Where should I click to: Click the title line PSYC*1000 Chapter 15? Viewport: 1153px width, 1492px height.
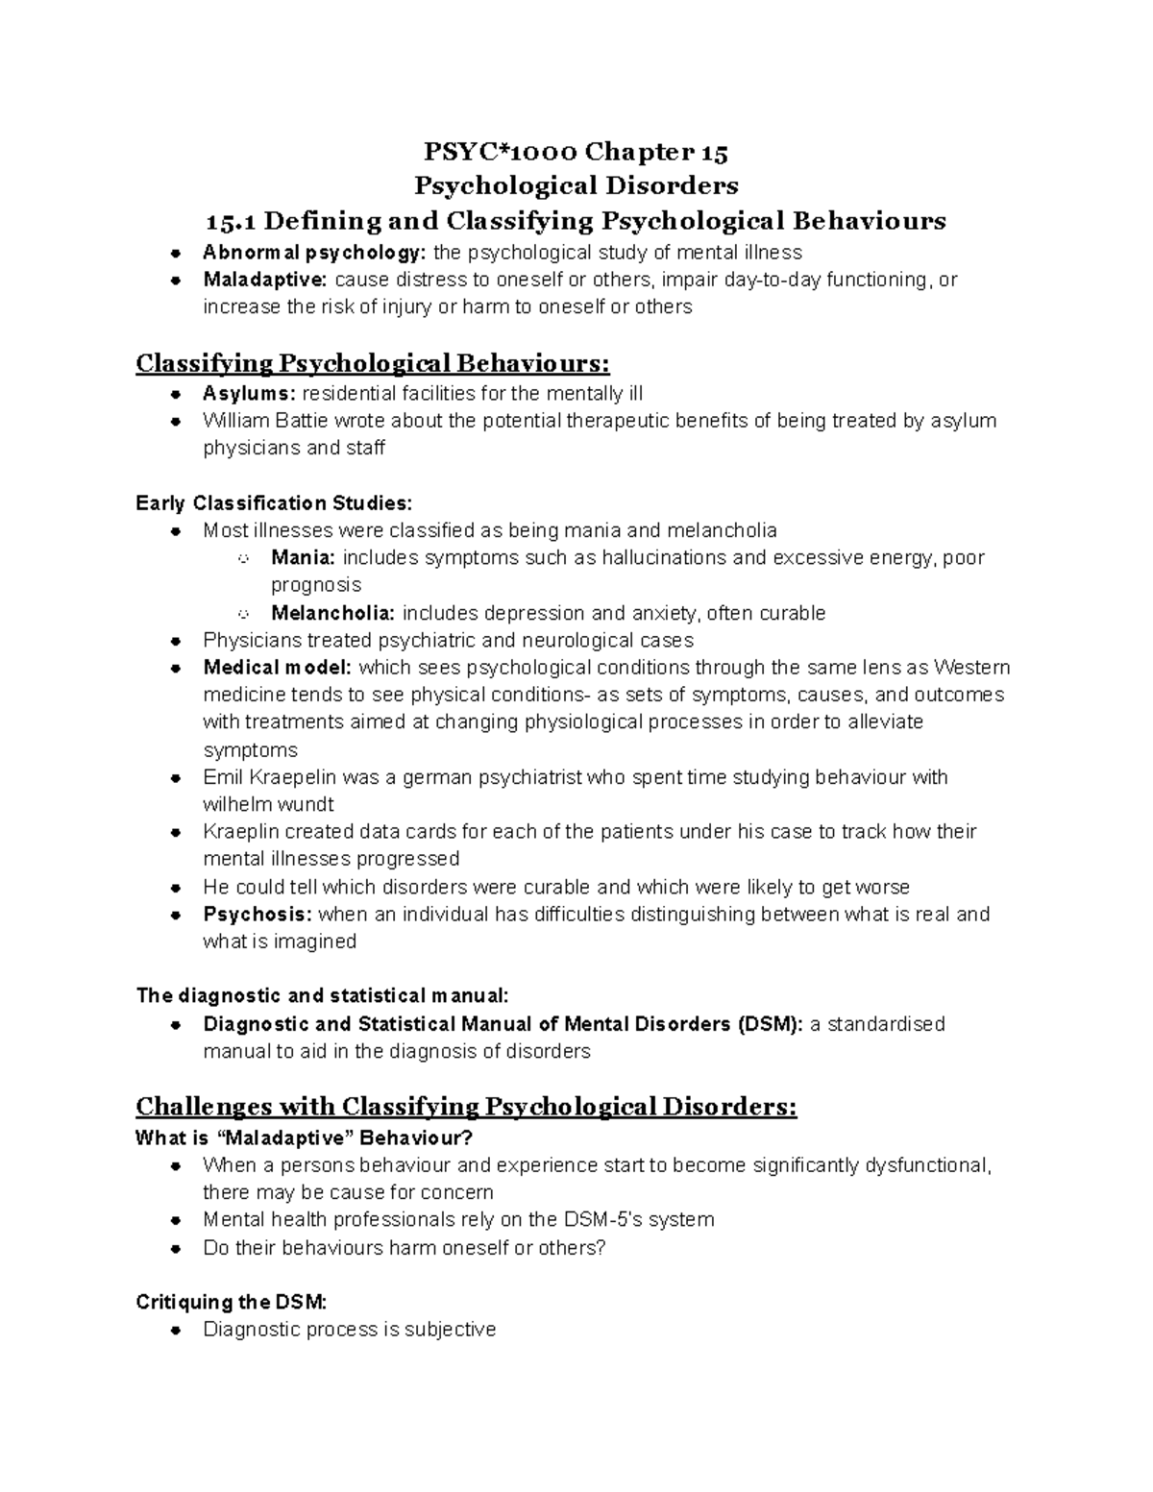click(x=576, y=152)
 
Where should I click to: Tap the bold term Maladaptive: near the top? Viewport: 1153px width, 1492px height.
click(x=264, y=281)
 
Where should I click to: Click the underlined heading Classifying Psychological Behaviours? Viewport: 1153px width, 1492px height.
click(x=373, y=364)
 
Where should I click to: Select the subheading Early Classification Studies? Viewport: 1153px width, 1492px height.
click(x=274, y=503)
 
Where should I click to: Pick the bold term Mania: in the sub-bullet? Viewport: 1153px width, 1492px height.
click(x=303, y=558)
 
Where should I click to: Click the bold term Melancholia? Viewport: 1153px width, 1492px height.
click(x=332, y=614)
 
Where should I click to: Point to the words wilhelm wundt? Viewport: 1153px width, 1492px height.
click(x=268, y=804)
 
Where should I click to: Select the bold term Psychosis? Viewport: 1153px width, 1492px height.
click(x=257, y=915)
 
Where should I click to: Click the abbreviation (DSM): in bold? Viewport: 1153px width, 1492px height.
click(x=771, y=1024)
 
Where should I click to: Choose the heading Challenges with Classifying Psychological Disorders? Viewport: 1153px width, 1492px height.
click(x=466, y=1107)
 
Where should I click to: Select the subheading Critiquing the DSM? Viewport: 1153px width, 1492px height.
click(x=232, y=1303)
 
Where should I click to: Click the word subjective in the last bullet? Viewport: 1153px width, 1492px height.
click(x=449, y=1331)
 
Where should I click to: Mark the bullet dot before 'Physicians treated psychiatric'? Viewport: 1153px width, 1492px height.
click(x=175, y=641)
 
